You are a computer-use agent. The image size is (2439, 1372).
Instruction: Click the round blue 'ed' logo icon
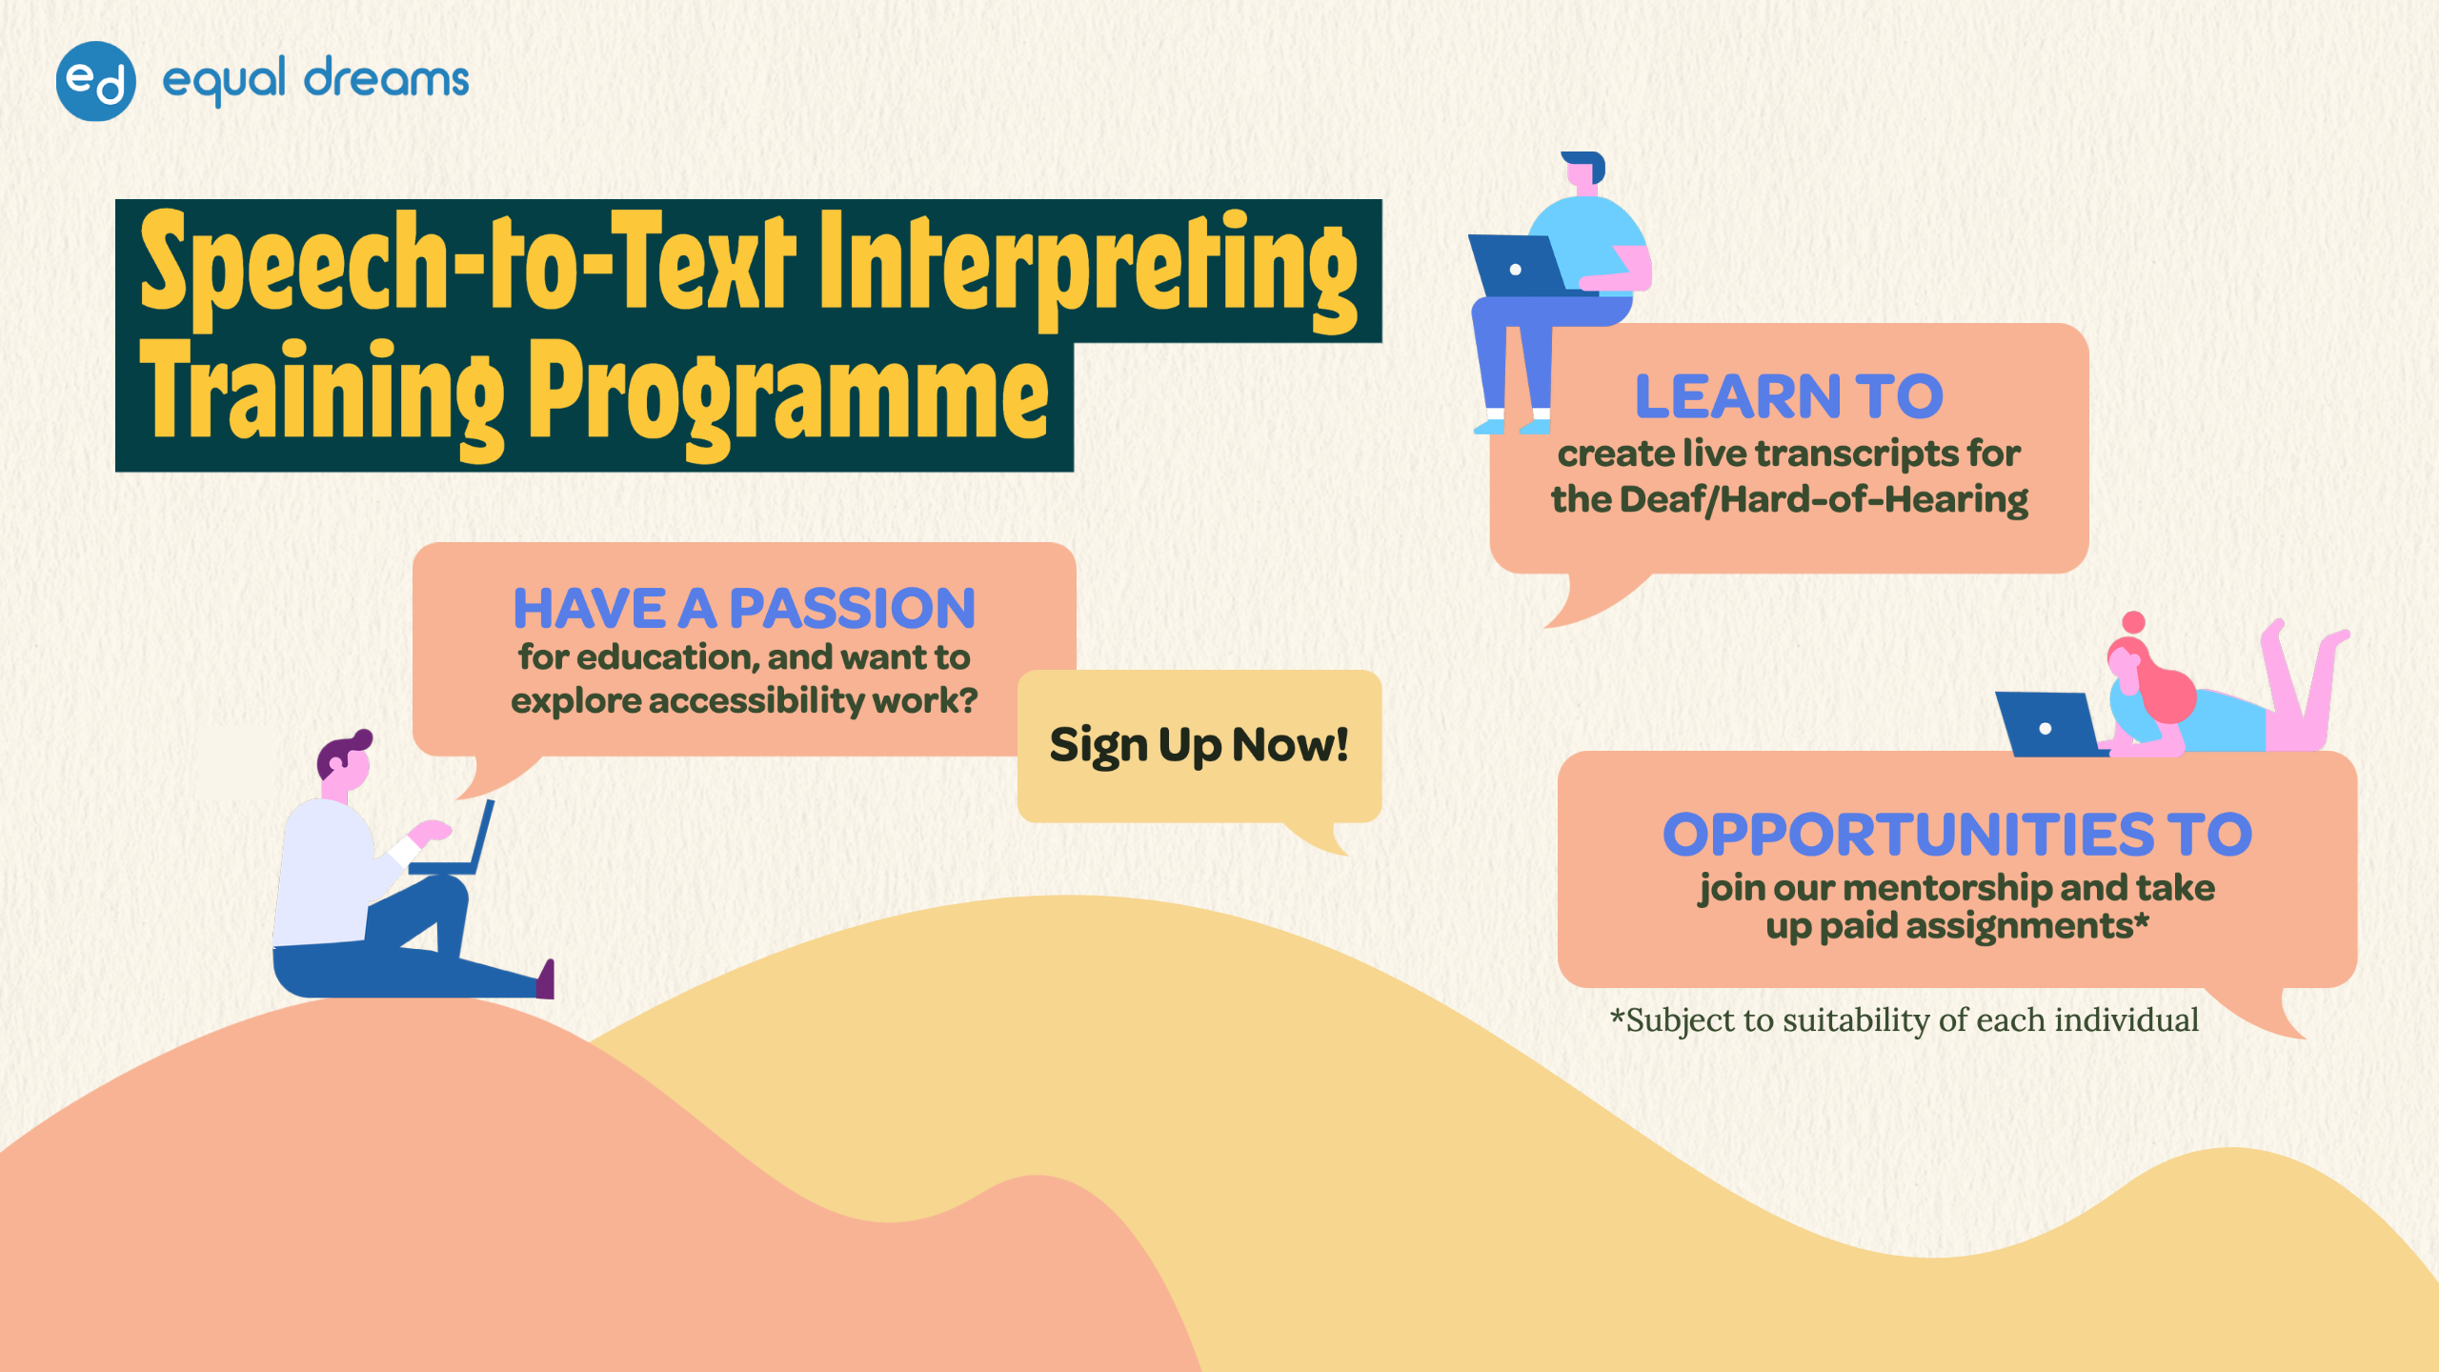[95, 81]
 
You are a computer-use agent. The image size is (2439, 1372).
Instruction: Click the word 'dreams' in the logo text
[386, 79]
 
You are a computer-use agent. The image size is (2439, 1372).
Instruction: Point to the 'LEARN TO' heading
[1788, 396]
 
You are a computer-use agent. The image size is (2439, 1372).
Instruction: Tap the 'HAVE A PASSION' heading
[744, 608]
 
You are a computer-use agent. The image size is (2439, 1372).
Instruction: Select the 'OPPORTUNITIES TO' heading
[1957, 835]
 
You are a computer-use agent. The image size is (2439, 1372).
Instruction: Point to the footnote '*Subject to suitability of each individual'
[1904, 1020]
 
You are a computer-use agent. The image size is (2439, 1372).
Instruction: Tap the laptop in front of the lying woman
[2046, 726]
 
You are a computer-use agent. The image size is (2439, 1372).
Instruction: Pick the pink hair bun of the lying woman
[2134, 622]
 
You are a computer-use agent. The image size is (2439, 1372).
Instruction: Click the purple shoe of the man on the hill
[546, 981]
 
